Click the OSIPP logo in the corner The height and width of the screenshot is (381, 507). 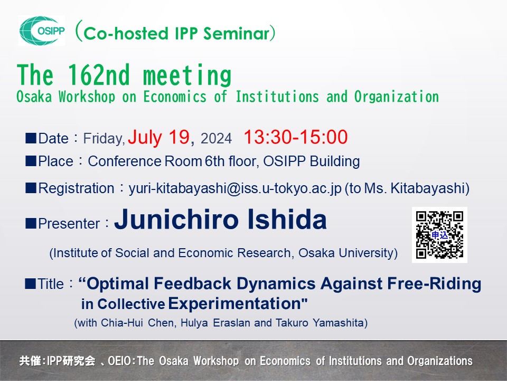[42, 31]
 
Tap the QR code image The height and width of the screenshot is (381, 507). [439, 234]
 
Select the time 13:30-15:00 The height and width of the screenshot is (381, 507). [295, 138]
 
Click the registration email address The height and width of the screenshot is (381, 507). [235, 188]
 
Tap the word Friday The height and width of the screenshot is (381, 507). [104, 139]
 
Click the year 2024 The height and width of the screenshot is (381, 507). [216, 139]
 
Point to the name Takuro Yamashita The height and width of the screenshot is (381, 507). [328, 322]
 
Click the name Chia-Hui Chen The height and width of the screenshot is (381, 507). [134, 322]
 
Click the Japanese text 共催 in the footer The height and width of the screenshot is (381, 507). [29, 361]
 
